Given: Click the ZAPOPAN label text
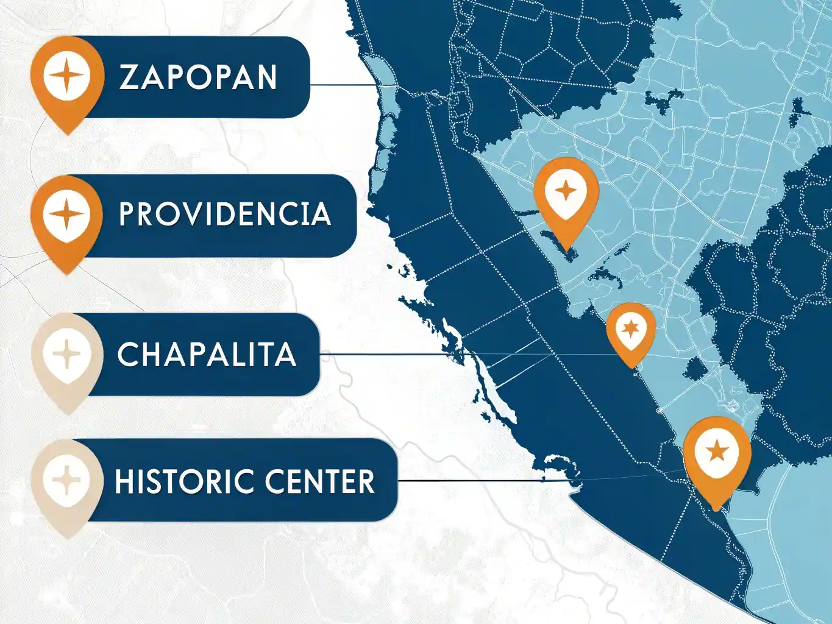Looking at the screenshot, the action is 198,77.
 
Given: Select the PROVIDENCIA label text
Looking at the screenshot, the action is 224,214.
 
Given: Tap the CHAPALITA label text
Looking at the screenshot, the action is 207,355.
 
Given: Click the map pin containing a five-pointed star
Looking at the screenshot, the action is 717,454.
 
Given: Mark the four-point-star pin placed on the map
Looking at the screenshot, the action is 566,195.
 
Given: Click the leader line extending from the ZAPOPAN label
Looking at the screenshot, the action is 341,85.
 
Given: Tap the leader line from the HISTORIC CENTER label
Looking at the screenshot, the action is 475,481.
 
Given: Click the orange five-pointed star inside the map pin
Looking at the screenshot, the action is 717,452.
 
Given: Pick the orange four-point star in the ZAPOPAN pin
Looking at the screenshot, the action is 67,76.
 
